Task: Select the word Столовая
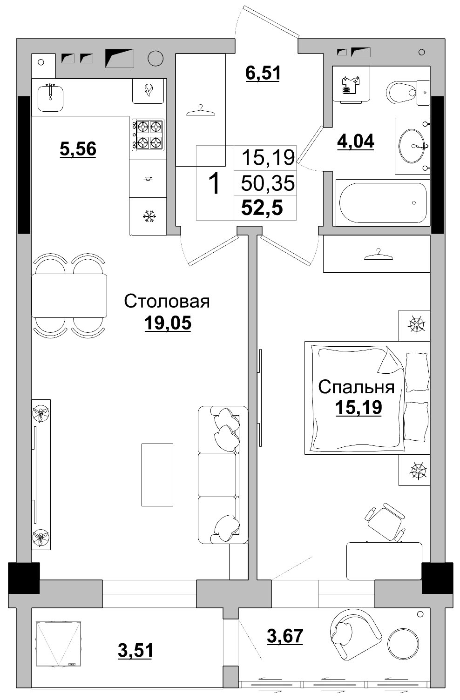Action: coord(167,302)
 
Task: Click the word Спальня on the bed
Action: coord(356,387)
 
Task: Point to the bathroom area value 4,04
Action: coord(355,141)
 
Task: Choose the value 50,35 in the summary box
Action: coord(268,183)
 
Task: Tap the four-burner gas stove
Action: coord(148,135)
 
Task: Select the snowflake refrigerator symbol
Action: coord(149,216)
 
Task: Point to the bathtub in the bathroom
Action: coord(382,202)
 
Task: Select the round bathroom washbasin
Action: coord(412,146)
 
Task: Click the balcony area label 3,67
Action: coord(285,636)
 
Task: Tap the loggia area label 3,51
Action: coord(135,650)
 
